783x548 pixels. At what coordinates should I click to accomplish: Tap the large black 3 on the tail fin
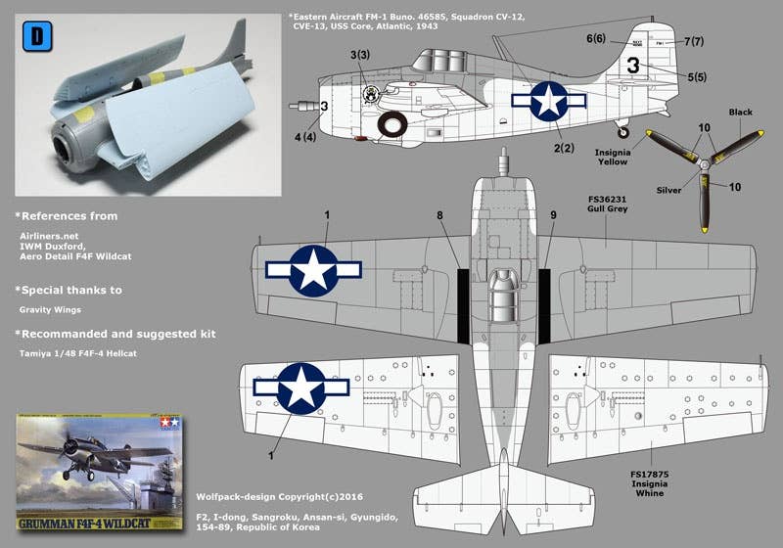[x=633, y=68]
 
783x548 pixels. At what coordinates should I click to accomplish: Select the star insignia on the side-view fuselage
[x=548, y=101]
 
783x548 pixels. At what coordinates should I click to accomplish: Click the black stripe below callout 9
[x=544, y=303]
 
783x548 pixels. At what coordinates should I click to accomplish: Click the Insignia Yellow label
[x=619, y=159]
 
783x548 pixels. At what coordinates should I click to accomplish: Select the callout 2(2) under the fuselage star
[x=564, y=149]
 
